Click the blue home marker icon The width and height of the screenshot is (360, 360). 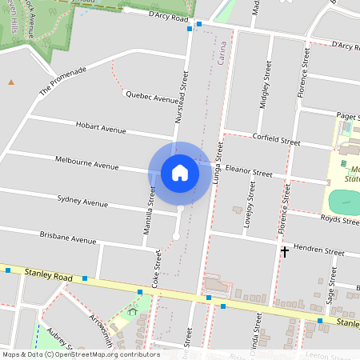tap(180, 173)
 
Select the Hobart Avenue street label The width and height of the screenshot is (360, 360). tap(101, 127)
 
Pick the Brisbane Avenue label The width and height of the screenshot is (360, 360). tap(67, 238)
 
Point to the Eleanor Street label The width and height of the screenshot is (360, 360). tap(250, 171)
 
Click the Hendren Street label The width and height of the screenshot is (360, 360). tap(318, 250)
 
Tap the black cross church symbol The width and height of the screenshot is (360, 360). tap(284, 251)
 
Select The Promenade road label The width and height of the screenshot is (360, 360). tap(62, 83)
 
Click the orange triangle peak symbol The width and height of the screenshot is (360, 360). tap(11, 82)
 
